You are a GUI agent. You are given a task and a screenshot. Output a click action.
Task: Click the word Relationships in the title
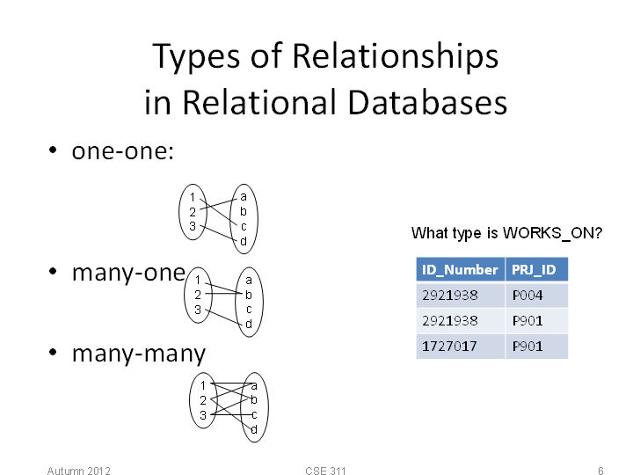point(396,56)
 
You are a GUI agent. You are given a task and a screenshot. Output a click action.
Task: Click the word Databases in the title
point(426,103)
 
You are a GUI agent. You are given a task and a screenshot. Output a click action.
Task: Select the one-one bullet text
point(123,151)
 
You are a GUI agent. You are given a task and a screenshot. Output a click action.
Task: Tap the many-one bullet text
point(128,274)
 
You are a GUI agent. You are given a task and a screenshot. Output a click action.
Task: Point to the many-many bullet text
point(139,354)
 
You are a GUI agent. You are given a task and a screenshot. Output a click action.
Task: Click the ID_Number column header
point(460,269)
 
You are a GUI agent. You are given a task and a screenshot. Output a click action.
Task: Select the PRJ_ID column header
point(536,269)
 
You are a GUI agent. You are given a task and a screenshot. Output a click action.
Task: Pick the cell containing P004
point(536,296)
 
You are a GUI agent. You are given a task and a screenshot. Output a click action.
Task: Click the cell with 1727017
point(460,347)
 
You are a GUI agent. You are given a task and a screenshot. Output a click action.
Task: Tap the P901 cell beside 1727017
point(536,347)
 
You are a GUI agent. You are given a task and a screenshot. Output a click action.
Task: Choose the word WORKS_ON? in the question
point(552,233)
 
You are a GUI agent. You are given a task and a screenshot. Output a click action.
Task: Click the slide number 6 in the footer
point(600,471)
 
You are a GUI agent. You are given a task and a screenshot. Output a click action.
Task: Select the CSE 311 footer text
point(325,471)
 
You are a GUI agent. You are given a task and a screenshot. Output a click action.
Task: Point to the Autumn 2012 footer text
point(78,471)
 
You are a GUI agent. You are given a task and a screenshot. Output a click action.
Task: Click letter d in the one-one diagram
point(244,241)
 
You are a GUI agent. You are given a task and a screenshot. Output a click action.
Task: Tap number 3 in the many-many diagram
point(203,415)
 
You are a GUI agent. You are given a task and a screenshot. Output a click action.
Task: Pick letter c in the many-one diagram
point(249,310)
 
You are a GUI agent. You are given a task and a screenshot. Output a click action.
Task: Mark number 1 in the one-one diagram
point(193,197)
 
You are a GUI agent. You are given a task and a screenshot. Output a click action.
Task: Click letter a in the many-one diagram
point(249,281)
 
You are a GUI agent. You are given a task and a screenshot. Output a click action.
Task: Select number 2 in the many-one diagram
point(198,295)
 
